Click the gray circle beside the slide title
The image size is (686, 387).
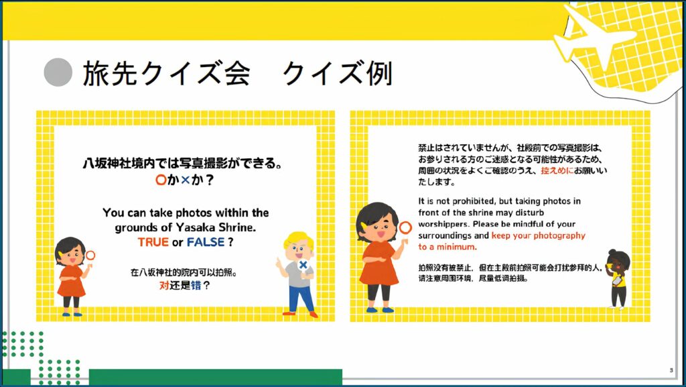[58, 72]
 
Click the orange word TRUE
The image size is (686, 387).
[153, 242]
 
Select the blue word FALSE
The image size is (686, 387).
[206, 242]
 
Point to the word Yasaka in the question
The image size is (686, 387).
[194, 227]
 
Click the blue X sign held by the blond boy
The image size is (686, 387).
[303, 265]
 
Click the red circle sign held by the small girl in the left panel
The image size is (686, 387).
[90, 256]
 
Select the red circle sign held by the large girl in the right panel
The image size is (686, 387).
[405, 227]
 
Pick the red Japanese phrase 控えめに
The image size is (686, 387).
[557, 170]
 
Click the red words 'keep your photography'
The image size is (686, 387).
[538, 235]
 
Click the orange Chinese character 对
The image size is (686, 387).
[164, 286]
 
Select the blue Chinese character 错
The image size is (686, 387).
[196, 286]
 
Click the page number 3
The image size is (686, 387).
[671, 370]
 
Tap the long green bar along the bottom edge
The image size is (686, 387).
[215, 377]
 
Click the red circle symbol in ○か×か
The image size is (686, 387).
[161, 180]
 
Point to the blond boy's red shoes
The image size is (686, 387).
[300, 313]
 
